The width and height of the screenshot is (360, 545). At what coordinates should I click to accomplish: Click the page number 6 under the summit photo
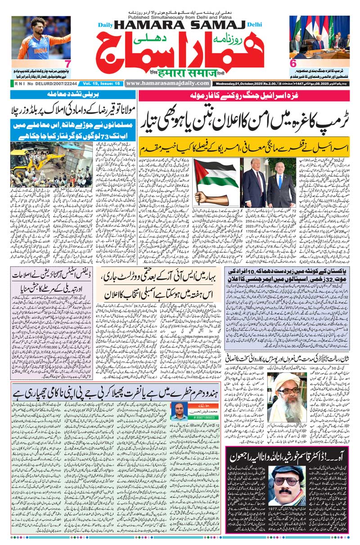(293, 64)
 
